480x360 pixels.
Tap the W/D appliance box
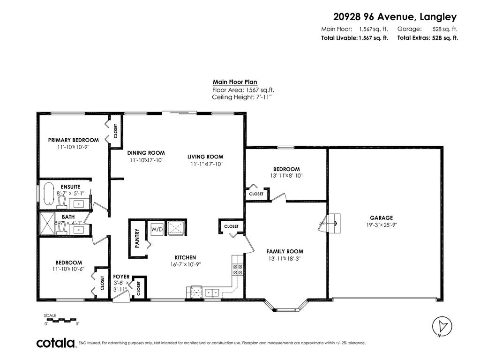pos(156,230)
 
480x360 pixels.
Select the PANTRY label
pos(137,238)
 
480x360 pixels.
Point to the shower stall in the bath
pos(47,224)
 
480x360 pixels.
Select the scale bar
pos(61,320)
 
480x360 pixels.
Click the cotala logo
pos(56,343)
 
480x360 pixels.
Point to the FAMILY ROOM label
pos(285,251)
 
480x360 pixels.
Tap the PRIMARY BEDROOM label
pos(73,140)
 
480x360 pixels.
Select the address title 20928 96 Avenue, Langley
pos(395,17)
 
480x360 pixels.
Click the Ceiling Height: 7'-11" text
pos(241,97)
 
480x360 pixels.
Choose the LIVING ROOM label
pos(205,157)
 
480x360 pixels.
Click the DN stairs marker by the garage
pos(322,223)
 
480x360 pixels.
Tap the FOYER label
pos(121,277)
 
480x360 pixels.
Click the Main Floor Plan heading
pos(235,82)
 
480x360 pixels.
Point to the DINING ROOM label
pos(146,153)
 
